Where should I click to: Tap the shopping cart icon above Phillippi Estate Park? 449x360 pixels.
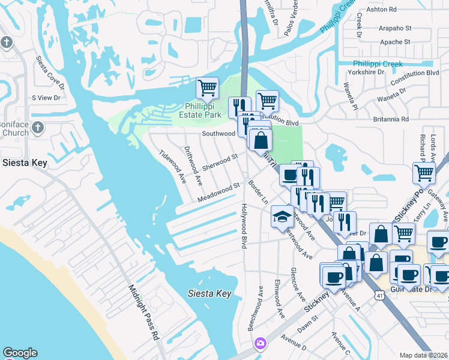tap(207, 88)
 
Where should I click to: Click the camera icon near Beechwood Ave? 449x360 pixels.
tap(261, 343)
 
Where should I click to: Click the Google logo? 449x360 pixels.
tap(19, 353)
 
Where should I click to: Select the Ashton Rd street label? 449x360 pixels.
tap(384, 10)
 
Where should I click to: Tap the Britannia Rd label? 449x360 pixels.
tap(388, 119)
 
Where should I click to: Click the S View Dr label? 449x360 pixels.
tap(46, 97)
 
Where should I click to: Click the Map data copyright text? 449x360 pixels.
tap(424, 355)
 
